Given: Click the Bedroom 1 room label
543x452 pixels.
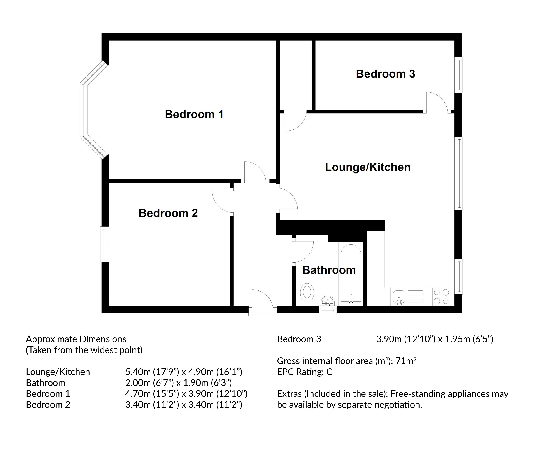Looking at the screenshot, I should pos(194,114).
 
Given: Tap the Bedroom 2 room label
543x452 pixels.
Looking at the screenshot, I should pos(168,213).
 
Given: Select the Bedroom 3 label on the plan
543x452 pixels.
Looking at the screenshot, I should pos(385,74).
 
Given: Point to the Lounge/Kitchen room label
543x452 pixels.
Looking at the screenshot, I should pos(367,167).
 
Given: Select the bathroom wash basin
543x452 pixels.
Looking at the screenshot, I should pos(328,301).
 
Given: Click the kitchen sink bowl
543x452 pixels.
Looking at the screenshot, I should pos(399,296).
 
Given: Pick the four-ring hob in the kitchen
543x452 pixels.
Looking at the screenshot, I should pos(441,297).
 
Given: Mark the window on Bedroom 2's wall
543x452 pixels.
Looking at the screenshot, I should pos(104,244).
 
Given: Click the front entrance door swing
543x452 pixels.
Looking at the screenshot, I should pos(262,298).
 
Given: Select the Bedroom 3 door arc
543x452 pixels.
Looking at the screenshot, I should pos(437,101).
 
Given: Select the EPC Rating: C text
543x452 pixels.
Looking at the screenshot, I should pos(304,372).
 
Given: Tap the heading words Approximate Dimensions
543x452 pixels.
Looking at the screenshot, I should pos(76,339).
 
